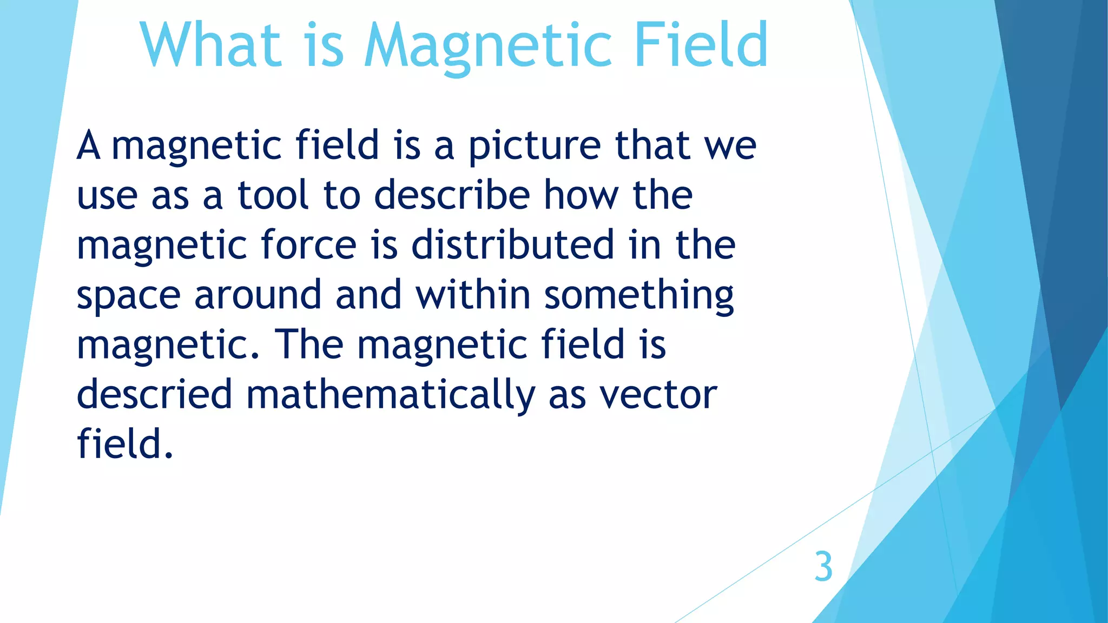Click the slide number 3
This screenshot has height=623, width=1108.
(x=823, y=567)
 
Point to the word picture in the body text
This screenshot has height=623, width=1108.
(x=534, y=147)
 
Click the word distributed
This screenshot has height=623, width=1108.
(x=512, y=244)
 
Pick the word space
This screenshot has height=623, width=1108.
(x=128, y=296)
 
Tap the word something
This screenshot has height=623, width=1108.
(x=639, y=296)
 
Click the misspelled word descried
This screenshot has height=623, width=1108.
(x=154, y=394)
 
